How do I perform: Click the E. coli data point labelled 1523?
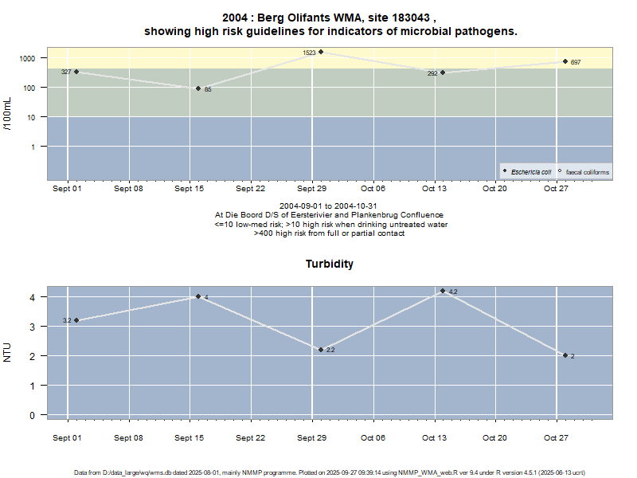click(x=321, y=52)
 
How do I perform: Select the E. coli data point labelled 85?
click(x=198, y=88)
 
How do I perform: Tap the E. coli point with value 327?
click(x=76, y=72)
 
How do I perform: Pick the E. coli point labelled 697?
click(x=565, y=61)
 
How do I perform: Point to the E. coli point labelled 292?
click(x=443, y=72)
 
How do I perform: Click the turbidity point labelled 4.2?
click(x=443, y=291)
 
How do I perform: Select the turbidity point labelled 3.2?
click(x=76, y=320)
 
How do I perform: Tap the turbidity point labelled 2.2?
click(x=321, y=350)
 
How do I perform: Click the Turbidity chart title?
click(x=330, y=264)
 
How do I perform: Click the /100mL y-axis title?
click(x=8, y=114)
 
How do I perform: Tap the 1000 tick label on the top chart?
click(x=28, y=59)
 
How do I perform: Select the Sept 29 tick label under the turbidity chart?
click(x=311, y=437)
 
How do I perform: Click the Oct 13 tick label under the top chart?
click(x=434, y=189)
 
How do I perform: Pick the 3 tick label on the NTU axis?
click(x=33, y=327)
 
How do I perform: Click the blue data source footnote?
click(x=330, y=472)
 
